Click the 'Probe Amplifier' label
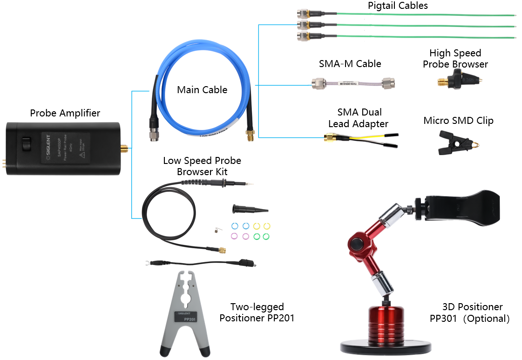pos(65,113)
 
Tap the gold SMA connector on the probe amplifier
pos(124,149)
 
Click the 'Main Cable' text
pos(202,90)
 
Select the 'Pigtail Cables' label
pos(397,6)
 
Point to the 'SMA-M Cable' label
pos(350,64)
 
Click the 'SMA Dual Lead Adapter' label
pos(358,118)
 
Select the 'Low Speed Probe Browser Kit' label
pos(202,166)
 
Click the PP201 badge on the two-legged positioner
pos(189,319)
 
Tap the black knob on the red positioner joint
pos(357,244)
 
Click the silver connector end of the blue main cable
pos(152,133)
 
